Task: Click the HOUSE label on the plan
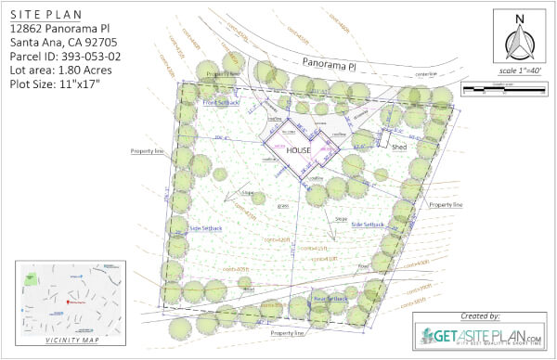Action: coord(297,148)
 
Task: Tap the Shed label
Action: coord(400,147)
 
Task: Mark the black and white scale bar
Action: coord(502,91)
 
